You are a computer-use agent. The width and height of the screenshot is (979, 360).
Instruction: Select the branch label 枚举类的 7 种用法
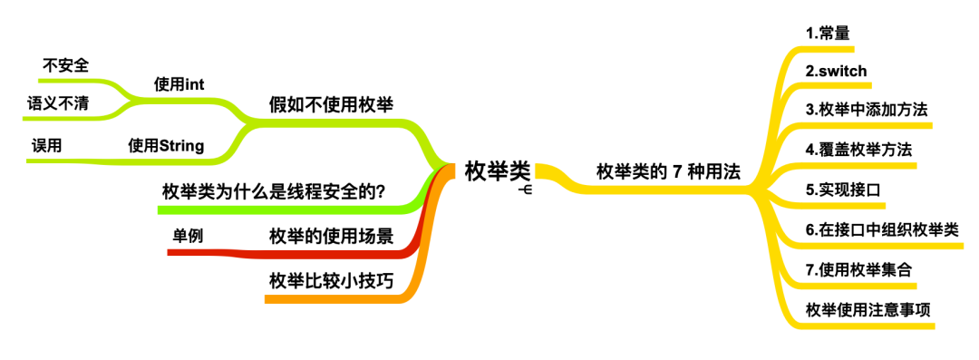(x=668, y=171)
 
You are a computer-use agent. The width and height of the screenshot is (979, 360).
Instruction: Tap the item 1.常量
(x=827, y=34)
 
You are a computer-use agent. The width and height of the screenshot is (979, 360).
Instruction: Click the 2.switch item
(x=836, y=71)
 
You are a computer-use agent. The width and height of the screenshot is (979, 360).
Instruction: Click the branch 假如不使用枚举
(x=331, y=103)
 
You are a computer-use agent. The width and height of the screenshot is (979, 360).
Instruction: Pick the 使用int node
(x=179, y=84)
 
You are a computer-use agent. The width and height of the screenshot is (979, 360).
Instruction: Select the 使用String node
(x=166, y=145)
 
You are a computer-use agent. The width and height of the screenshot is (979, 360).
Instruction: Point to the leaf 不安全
(x=66, y=65)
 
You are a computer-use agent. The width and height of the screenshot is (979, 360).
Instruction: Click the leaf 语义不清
(x=58, y=103)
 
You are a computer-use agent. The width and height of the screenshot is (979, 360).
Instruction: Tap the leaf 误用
(x=47, y=145)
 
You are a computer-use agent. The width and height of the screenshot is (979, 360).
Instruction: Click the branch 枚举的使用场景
(x=331, y=237)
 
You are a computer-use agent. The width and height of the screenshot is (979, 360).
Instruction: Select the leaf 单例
(x=188, y=235)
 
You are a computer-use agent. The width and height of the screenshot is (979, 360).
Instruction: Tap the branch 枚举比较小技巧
(x=331, y=280)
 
